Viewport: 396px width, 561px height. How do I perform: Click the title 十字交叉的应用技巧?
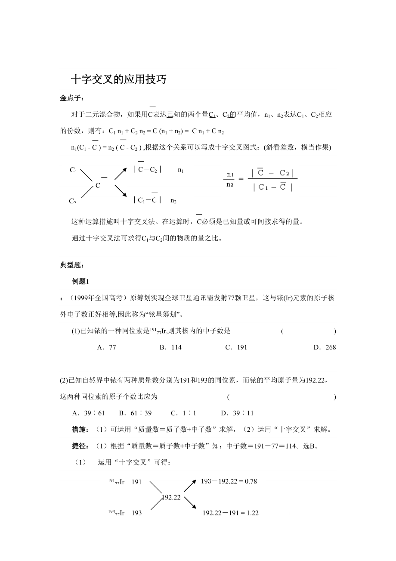[118, 80]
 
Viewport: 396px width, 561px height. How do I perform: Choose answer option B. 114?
[170, 347]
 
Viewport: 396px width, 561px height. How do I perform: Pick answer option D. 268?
[325, 347]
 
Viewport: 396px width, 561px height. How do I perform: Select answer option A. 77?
[107, 347]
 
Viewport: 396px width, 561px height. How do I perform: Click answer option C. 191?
[236, 347]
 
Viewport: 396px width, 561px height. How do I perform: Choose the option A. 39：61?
[89, 413]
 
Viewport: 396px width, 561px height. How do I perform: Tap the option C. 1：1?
[183, 413]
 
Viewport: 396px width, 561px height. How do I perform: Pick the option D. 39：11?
[237, 413]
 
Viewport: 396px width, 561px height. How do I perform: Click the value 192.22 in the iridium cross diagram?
[171, 497]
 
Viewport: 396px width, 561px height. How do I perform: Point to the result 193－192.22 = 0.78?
[229, 481]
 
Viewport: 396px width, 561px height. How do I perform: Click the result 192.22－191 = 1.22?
[230, 513]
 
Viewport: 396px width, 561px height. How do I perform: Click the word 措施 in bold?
[80, 430]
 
